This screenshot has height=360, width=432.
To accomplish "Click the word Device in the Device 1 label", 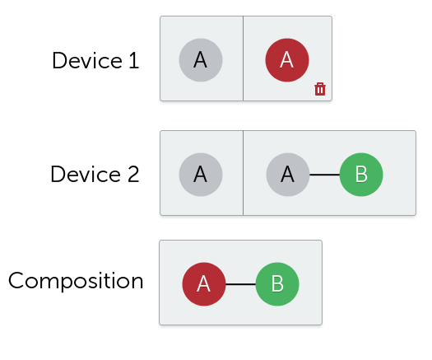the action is (87, 60).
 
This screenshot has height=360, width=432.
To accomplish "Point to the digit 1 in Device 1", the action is (134, 60).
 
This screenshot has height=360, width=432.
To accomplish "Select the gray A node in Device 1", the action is (201, 60).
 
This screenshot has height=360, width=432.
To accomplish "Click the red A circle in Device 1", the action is (287, 60).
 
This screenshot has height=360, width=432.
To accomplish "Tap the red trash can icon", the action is (320, 89).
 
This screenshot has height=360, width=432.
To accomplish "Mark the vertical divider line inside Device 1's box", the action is (243, 58).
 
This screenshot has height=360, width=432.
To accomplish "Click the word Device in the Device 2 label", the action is (86, 175).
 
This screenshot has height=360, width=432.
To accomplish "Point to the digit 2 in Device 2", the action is (133, 175).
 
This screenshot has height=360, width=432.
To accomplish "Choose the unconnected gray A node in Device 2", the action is (201, 175).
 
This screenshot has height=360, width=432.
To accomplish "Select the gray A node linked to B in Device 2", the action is (288, 175).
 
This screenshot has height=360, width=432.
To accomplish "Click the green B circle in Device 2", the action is (361, 175).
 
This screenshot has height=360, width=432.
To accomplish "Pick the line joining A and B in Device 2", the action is (324, 175).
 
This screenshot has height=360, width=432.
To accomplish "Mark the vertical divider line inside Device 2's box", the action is (243, 173).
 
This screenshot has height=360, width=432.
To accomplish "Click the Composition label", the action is (76, 281).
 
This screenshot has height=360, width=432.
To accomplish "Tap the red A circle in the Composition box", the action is (204, 284).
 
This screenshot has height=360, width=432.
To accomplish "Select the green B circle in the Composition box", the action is (277, 284).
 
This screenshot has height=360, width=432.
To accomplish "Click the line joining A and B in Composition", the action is (241, 284).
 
